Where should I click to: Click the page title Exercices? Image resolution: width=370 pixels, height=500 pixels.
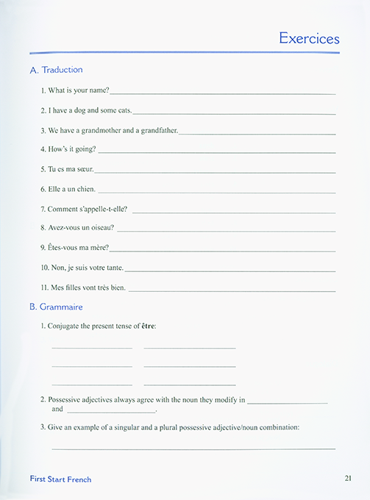309,38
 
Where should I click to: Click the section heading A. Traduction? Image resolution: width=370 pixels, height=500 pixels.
56,70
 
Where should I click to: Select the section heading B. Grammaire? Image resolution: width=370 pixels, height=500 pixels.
56,307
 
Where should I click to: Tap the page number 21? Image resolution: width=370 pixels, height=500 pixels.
349,479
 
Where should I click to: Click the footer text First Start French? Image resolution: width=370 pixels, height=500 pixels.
60,479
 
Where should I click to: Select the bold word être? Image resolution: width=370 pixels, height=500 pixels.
148,326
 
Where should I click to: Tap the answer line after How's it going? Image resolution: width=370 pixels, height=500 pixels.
216,152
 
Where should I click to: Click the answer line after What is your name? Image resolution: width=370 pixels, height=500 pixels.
222,93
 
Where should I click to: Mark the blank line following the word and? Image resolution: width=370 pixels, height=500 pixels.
110,412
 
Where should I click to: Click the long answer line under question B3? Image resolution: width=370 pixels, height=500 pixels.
193,448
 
